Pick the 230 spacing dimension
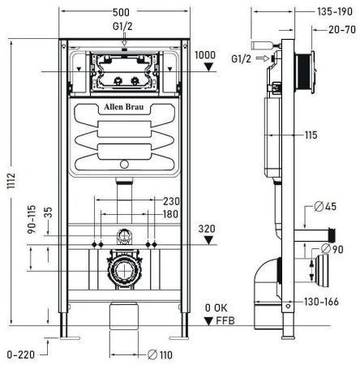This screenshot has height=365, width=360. click(170, 202)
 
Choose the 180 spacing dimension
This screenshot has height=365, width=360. click(170, 214)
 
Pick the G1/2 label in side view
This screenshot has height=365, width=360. click(240, 58)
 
